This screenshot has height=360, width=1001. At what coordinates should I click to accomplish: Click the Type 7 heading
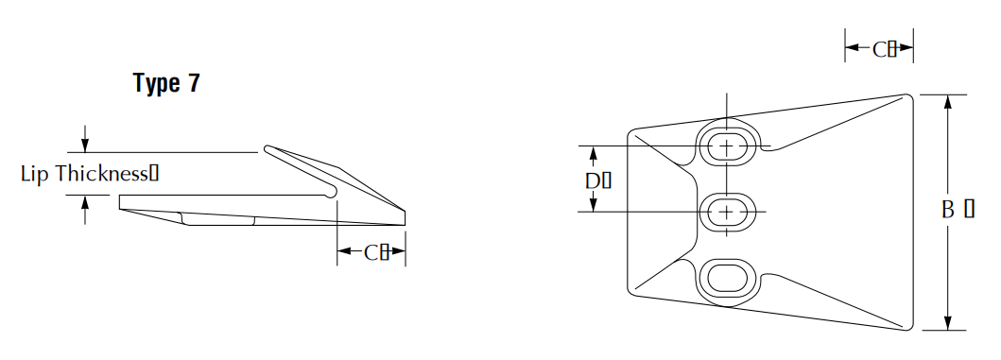pyautogui.click(x=166, y=83)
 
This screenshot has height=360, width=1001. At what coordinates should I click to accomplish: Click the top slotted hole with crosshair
pyautogui.click(x=727, y=146)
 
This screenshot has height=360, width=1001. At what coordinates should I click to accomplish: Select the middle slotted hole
pyautogui.click(x=727, y=212)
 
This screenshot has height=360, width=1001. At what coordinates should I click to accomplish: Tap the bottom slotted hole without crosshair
pyautogui.click(x=727, y=278)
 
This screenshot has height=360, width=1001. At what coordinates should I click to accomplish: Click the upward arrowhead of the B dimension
pyautogui.click(x=948, y=101)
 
